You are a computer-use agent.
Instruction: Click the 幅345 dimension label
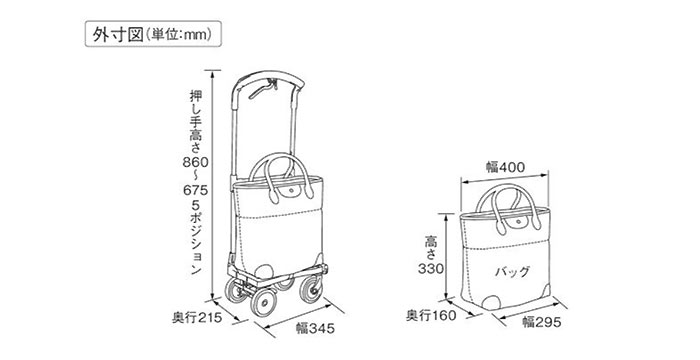[x=311, y=328]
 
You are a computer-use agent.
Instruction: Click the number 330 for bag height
[x=429, y=271]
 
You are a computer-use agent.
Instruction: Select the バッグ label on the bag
[x=510, y=270]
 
